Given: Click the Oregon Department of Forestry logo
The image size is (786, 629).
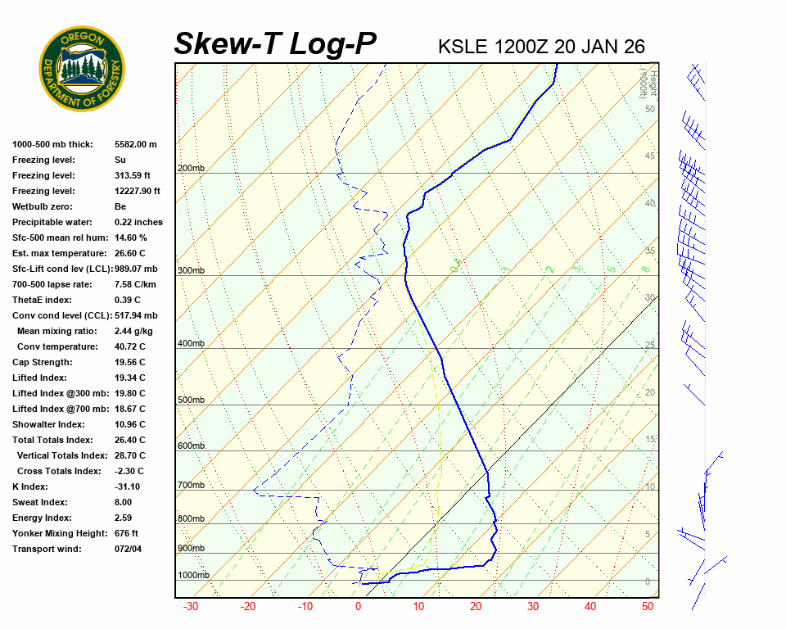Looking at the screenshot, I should (82, 69).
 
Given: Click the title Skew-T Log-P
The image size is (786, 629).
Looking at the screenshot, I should (276, 44).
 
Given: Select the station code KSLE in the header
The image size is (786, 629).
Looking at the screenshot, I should (465, 46).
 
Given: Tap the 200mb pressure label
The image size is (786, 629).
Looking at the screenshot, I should (191, 169).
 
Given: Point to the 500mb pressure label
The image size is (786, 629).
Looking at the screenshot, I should (191, 400).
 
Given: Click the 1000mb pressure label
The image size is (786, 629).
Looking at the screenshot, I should (193, 576).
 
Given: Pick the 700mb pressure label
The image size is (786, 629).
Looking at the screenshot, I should (191, 486).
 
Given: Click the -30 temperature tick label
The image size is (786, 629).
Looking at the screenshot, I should (190, 607).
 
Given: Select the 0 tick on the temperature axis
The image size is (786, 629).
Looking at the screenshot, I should (358, 607).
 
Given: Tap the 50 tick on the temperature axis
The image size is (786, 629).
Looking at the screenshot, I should (647, 607).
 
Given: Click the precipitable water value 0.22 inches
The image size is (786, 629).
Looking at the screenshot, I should (138, 222).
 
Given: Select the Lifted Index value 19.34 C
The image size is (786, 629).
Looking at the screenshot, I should (130, 378).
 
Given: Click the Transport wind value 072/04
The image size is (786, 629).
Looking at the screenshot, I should (128, 549).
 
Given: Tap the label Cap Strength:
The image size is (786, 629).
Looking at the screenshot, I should (42, 362).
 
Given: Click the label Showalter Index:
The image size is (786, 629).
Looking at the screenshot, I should (48, 424).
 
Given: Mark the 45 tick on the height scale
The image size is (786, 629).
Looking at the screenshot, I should (650, 156).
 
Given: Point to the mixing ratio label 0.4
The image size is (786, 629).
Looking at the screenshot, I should (456, 265).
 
